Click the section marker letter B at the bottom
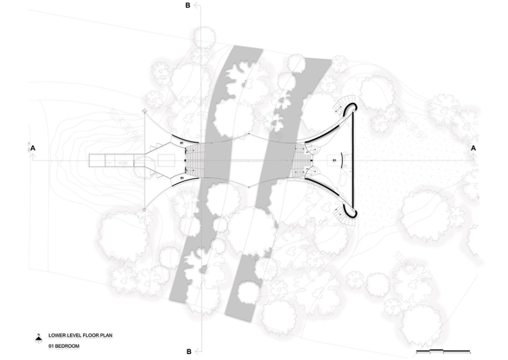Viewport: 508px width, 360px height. [x=188, y=351]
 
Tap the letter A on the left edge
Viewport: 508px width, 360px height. [x=33, y=148]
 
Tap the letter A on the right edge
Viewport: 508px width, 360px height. [x=474, y=148]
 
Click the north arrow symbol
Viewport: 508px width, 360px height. [x=38, y=336]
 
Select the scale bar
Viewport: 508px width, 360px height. [x=443, y=351]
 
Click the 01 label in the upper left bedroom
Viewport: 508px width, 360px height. [x=181, y=142]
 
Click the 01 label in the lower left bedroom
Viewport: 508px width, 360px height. [x=181, y=179]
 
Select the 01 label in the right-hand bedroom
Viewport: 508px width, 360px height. [x=333, y=156]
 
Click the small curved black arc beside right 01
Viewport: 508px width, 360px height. [x=341, y=160]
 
